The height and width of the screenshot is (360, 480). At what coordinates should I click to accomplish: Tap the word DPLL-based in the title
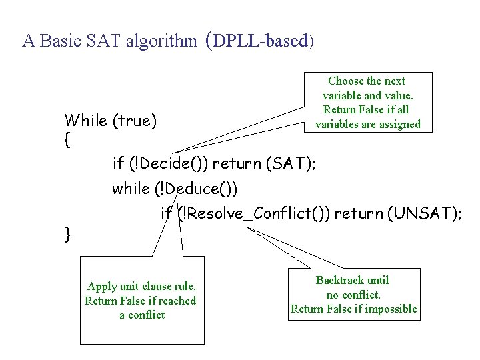262,41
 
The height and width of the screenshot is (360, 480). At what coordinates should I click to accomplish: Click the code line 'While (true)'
110,121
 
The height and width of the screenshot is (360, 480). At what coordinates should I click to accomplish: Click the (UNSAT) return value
423,213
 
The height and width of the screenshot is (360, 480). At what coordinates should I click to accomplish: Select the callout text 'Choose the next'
367,81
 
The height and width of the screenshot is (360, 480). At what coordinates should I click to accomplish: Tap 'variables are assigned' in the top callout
368,124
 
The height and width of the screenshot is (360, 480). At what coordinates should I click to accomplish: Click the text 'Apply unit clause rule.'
141,287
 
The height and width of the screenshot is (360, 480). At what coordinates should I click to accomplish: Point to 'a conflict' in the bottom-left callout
141,315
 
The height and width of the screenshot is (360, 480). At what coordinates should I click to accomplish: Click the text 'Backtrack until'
353,280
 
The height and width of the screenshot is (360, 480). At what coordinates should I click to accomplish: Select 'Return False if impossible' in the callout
353,309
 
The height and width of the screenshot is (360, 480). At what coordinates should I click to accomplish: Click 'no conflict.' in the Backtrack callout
353,295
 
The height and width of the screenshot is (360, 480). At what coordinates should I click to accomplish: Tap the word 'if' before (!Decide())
119,163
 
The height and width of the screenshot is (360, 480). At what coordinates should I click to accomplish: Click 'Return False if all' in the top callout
365,110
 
